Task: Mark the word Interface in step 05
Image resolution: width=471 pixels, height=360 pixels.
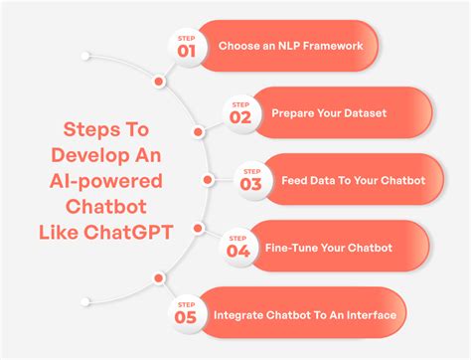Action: click(371, 315)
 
